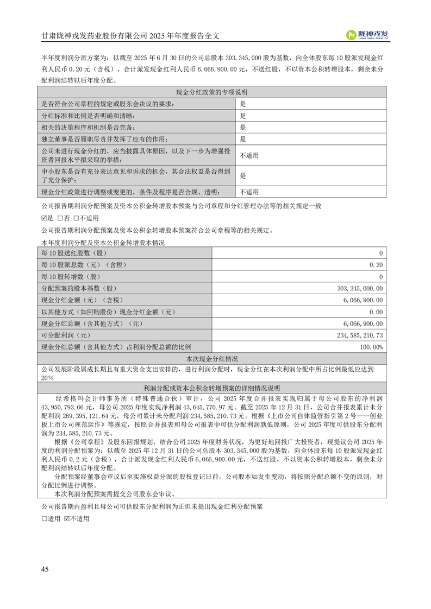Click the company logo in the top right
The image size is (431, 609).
tap(367, 35)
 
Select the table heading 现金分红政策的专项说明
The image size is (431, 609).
tap(212, 92)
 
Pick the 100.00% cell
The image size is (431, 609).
tap(372, 347)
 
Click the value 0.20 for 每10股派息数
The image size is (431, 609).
tap(376, 265)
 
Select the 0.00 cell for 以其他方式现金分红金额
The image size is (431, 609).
tap(376, 312)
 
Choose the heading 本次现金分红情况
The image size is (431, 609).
tap(212, 359)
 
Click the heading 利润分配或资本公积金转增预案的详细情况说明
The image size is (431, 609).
tap(212, 388)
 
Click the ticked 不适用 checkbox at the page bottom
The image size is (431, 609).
tap(67, 519)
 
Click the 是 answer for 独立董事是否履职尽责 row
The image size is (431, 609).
tap(243, 139)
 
